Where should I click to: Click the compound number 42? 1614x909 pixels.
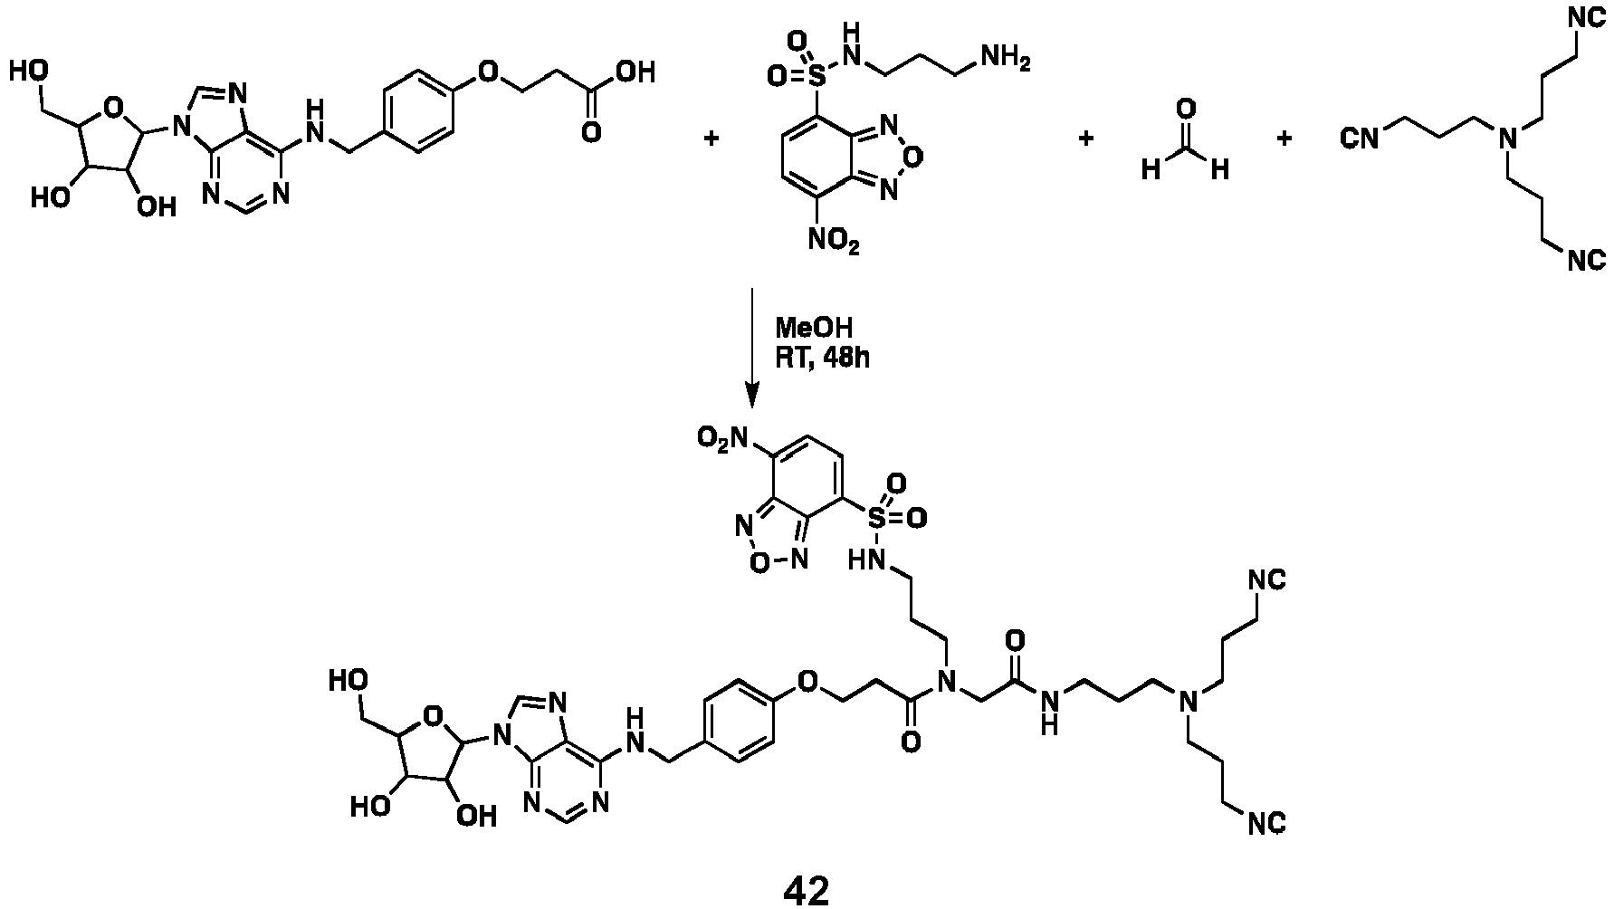pyautogui.click(x=806, y=890)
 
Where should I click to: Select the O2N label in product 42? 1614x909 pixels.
pyautogui.click(x=721, y=439)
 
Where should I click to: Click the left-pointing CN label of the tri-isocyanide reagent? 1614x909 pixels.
pyautogui.click(x=1359, y=138)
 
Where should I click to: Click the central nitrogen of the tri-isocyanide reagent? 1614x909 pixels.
pyautogui.click(x=1507, y=139)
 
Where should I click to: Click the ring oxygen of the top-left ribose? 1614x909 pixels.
pyautogui.click(x=114, y=110)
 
